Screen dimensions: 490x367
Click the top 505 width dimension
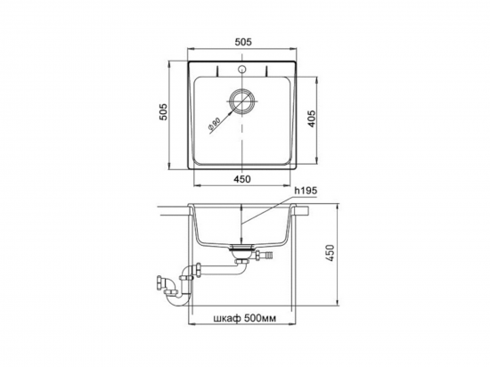tap(243, 42)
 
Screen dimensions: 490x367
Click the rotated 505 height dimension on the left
tap(163, 111)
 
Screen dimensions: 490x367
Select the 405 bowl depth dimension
tap(312, 118)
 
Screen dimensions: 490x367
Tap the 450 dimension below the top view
tap(242, 179)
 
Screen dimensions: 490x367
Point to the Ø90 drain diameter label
tap(214, 123)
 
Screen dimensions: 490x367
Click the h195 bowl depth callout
tap(306, 191)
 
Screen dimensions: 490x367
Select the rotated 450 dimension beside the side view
tap(331, 253)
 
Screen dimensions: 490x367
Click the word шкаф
tap(227, 318)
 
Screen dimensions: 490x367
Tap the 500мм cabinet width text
tap(260, 318)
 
